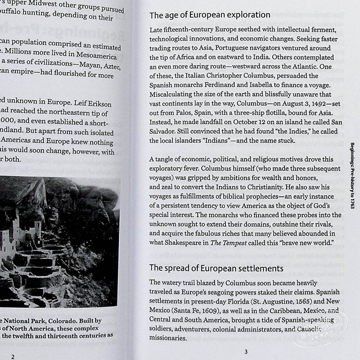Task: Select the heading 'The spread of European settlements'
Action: pyautogui.click(x=216, y=268)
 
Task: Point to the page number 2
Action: pyautogui.click(x=13, y=356)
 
